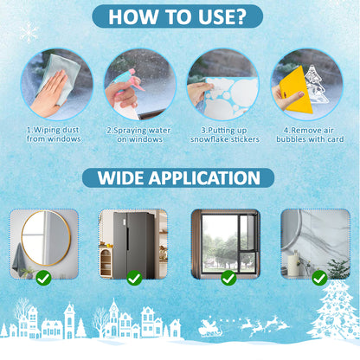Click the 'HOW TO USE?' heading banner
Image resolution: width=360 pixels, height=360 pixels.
177,16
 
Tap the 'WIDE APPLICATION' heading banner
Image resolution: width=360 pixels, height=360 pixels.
178,177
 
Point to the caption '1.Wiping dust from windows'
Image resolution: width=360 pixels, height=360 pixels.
54,134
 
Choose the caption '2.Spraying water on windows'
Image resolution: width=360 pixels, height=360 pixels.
139,135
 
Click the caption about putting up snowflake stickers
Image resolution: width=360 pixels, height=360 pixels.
225,135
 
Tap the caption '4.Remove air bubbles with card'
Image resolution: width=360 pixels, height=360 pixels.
310,135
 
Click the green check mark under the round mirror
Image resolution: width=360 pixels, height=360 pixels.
43,278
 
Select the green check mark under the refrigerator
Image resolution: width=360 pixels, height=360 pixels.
134,278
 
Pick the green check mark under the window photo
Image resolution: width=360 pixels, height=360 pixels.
228,278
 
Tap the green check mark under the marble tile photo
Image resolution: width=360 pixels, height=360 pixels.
319,278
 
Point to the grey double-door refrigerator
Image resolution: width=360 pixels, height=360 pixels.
133,245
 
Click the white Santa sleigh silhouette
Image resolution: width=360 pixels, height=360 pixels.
210,328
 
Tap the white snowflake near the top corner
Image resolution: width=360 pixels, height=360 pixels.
29,32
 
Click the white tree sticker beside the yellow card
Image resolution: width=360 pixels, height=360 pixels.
316,84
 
